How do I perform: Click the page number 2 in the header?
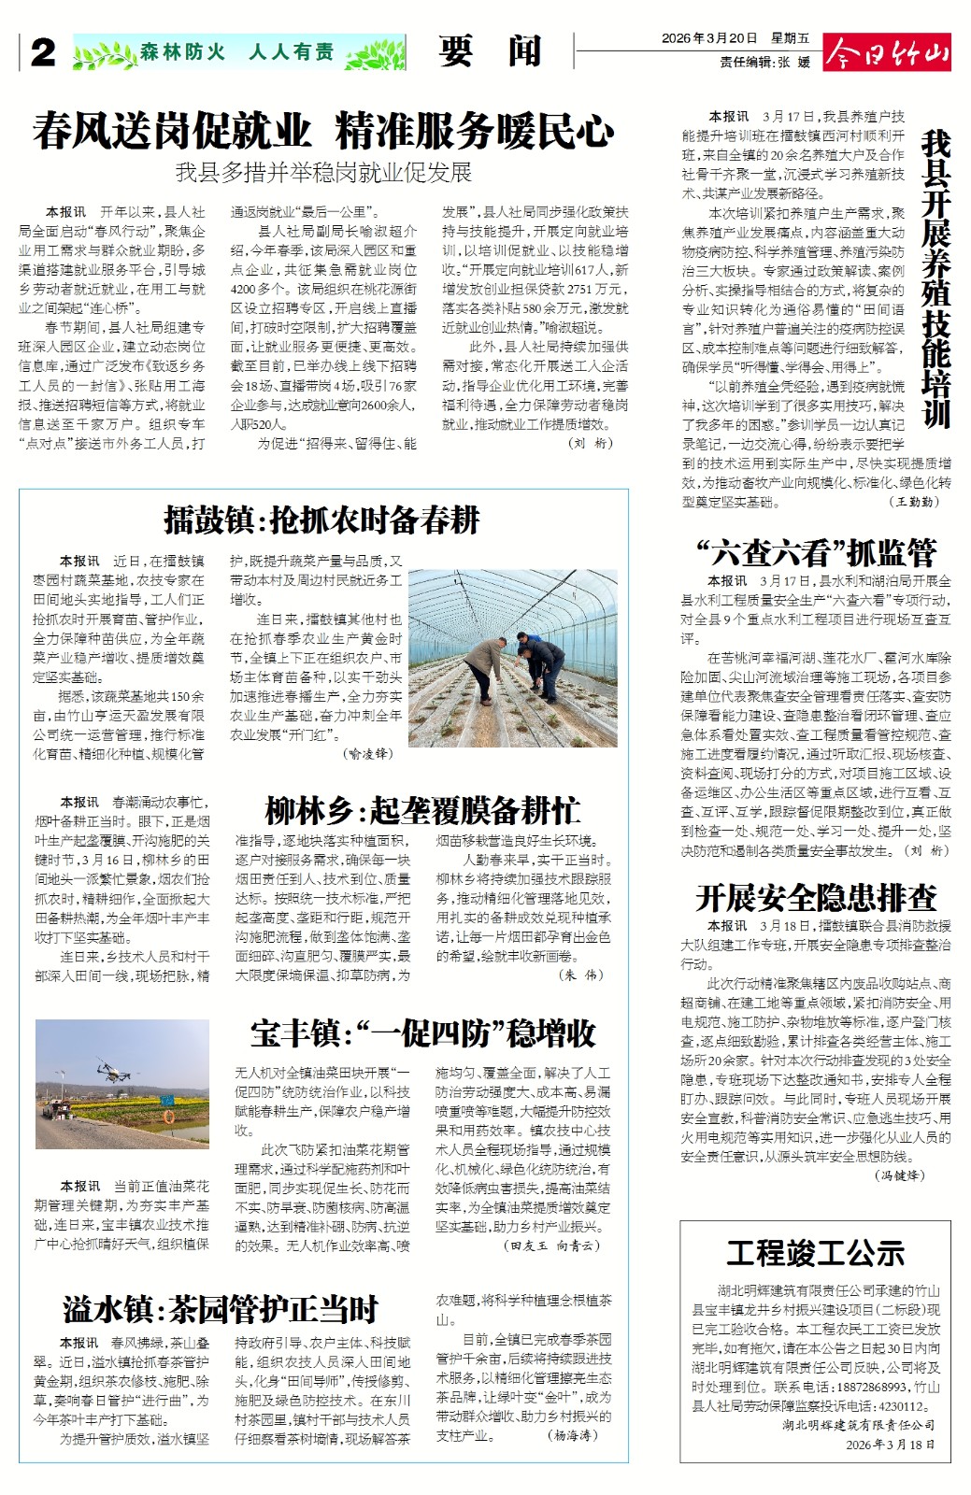43,52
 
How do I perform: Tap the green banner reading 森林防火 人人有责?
238,52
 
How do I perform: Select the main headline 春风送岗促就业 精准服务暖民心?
323,131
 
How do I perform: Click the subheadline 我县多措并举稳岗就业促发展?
323,173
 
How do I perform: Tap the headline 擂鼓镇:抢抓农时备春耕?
322,520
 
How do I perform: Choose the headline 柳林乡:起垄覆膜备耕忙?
422,810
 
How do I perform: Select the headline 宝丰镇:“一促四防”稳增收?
422,1033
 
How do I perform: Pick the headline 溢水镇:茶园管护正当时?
221,1309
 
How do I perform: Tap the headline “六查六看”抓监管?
816,552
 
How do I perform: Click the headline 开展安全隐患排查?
816,898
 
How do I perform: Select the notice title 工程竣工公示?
816,1252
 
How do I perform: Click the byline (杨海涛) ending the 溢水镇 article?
572,1435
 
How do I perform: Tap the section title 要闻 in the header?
490,52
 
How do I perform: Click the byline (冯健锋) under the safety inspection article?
899,1175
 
